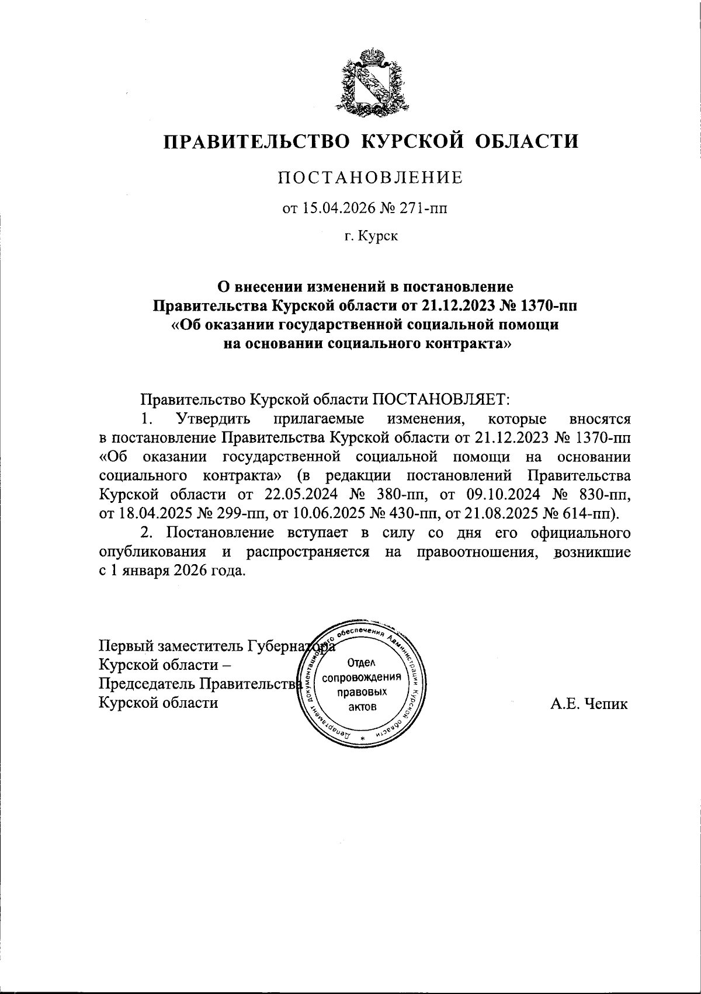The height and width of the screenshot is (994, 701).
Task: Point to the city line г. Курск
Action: pos(370,237)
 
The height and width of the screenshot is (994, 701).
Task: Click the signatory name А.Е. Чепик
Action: pos(589,704)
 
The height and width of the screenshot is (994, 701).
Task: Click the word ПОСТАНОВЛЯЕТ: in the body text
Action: pos(442,399)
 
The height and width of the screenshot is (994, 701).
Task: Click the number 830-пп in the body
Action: pos(605,495)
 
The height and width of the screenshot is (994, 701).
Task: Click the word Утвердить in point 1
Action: pos(214,419)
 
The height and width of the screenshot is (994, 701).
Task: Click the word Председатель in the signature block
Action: pos(148,684)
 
